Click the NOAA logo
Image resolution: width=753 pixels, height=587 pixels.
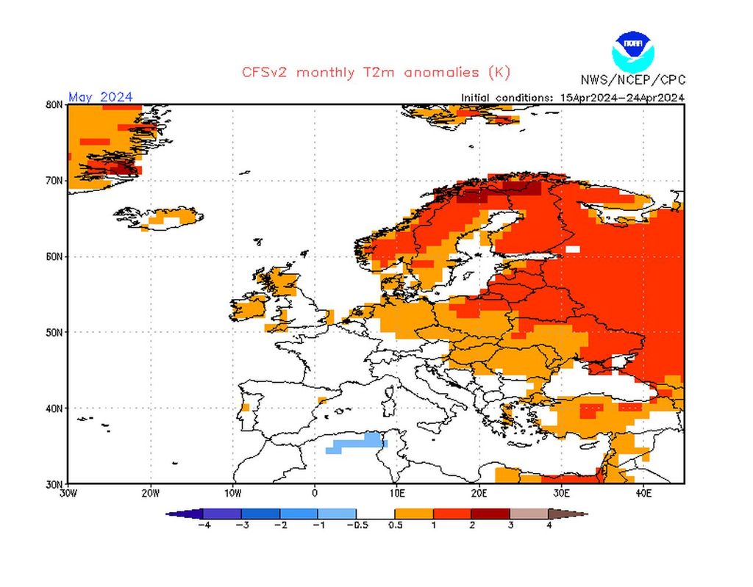coord(632,50)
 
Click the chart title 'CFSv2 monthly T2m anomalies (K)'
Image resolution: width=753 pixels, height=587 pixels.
coord(376,72)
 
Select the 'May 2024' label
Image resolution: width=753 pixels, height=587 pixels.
coord(101,97)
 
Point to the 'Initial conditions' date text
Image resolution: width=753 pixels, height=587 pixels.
coord(573,97)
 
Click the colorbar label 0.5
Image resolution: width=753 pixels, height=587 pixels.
coord(395,526)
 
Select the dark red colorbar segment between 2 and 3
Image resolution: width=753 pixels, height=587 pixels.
coord(490,514)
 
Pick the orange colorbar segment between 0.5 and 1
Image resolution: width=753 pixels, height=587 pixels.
coord(413,514)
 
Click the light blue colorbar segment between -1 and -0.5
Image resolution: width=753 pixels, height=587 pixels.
coord(337,514)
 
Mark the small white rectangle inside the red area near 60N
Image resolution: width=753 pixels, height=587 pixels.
coord(572,249)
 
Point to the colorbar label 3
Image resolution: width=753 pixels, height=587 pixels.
coord(510,526)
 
